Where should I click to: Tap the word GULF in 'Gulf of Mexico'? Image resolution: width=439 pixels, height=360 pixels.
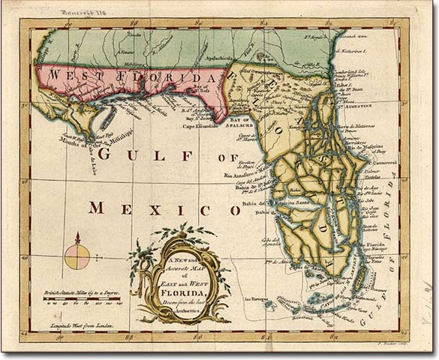(x=128, y=154)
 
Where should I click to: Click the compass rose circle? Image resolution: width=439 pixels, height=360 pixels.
(x=77, y=257)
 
